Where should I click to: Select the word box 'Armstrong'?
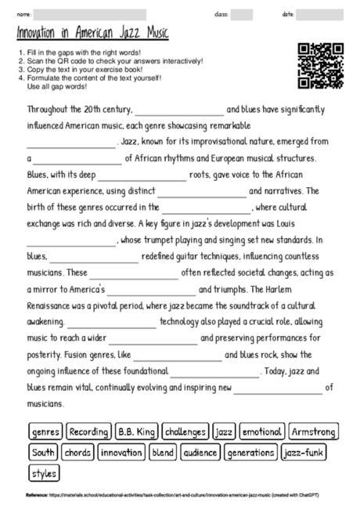(313, 431)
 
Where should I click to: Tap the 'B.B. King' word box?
(137, 431)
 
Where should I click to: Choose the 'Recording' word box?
(88, 431)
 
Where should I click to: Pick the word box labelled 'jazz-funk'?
(304, 452)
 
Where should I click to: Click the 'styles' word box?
(45, 473)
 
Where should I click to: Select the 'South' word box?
(44, 452)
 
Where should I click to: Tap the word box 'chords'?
(78, 452)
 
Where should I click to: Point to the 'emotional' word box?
(262, 431)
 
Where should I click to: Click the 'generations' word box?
(250, 452)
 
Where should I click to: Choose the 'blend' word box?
(163, 452)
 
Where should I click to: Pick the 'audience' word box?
(200, 452)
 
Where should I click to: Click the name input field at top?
(90, 15)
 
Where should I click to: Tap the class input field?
(242, 15)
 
